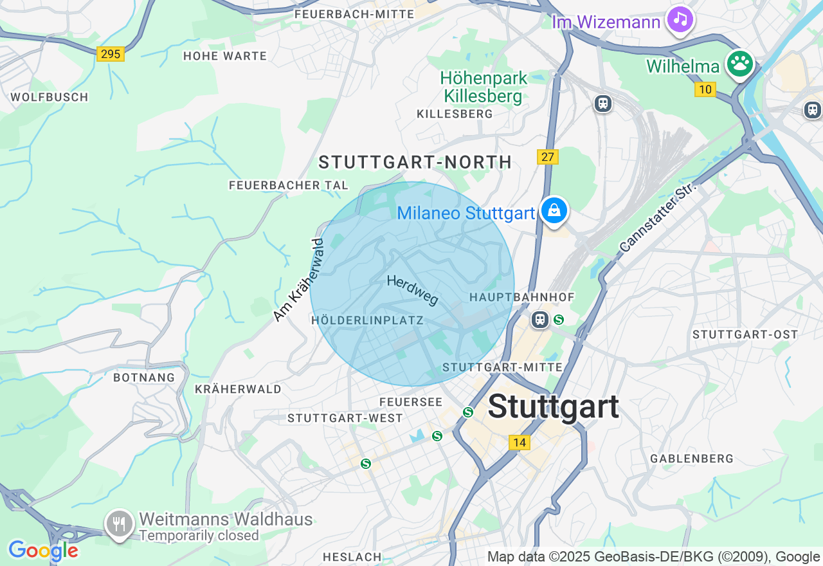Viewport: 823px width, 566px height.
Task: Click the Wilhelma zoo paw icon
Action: click(740, 64)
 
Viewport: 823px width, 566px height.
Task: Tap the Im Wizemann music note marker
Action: click(680, 19)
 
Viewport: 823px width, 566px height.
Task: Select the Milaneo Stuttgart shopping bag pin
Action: click(554, 210)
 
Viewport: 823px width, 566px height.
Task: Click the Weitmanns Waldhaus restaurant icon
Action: click(119, 524)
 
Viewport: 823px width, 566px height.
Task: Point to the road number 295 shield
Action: click(111, 54)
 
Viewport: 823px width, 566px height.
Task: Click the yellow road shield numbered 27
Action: click(548, 157)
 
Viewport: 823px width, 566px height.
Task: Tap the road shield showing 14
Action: click(520, 443)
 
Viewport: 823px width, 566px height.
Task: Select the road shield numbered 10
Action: click(705, 89)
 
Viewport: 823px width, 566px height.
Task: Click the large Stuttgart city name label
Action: click(553, 406)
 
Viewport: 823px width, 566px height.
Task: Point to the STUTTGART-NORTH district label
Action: click(415, 162)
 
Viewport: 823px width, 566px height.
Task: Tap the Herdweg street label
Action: click(413, 290)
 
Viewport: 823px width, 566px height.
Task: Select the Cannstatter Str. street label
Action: click(658, 217)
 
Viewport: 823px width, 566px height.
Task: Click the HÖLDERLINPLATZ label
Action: click(367, 320)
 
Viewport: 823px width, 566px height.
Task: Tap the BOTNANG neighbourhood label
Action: click(144, 378)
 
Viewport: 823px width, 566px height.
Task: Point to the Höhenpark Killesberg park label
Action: click(484, 87)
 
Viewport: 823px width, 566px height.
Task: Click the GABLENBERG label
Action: click(692, 459)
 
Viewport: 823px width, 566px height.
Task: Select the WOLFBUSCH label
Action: click(50, 97)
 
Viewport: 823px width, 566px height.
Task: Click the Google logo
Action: click(43, 551)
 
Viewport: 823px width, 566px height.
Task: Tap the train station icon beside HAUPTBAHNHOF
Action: click(540, 320)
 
